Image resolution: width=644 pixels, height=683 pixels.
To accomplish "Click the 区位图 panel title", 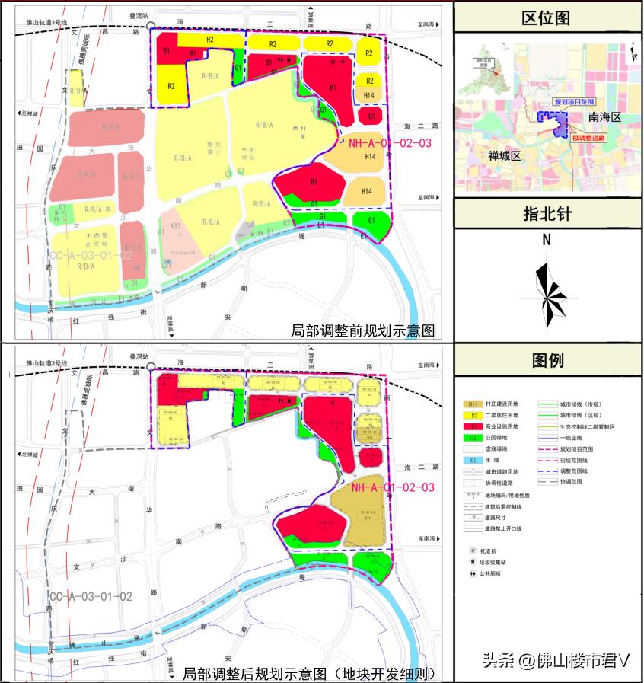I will point(546,18).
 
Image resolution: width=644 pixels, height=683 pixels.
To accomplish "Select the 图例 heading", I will point(546,359).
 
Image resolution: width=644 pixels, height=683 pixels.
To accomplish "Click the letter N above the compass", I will point(547,240).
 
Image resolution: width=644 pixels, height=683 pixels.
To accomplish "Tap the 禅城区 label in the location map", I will point(504,156).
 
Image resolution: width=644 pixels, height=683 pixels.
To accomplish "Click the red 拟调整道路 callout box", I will point(588,138).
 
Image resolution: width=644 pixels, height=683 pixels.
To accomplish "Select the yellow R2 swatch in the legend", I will point(473,416).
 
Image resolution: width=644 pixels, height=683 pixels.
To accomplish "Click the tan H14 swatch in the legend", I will point(473,404).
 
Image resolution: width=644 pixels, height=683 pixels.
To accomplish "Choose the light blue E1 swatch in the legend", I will point(473,461).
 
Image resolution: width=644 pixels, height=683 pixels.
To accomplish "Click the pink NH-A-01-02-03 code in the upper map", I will point(390,142).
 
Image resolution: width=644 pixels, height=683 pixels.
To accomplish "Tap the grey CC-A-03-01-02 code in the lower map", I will point(91,595).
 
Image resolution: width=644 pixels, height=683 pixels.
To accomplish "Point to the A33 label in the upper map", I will point(175,226).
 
